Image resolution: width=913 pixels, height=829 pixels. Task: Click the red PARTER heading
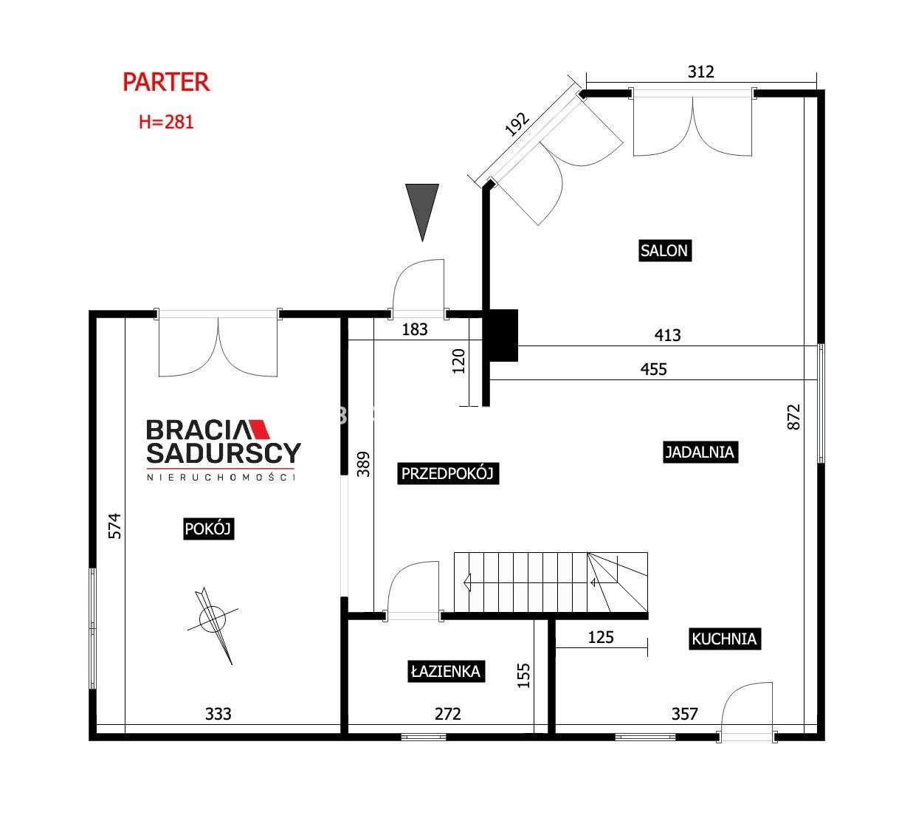(x=166, y=83)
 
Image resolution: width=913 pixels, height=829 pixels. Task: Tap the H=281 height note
(x=166, y=122)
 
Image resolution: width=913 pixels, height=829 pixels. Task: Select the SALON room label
(x=664, y=250)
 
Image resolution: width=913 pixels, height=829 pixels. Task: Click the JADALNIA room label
(x=700, y=452)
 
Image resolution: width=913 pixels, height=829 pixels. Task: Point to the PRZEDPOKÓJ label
(x=448, y=473)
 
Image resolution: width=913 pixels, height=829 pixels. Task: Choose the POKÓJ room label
(x=208, y=529)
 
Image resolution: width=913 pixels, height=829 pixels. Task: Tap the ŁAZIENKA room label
(x=446, y=672)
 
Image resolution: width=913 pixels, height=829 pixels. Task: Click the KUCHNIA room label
(x=725, y=639)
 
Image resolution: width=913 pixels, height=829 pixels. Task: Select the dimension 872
(x=793, y=417)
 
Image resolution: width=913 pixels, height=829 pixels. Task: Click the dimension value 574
(x=115, y=526)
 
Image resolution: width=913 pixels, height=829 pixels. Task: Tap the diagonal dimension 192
(x=517, y=124)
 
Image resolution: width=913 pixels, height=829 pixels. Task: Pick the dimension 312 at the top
(x=701, y=72)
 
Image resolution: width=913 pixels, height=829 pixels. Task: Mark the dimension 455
(x=654, y=369)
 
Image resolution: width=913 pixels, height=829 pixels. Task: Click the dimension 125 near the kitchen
(x=601, y=637)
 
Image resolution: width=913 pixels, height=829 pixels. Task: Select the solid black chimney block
(x=503, y=336)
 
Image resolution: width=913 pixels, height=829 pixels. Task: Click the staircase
(x=551, y=582)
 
